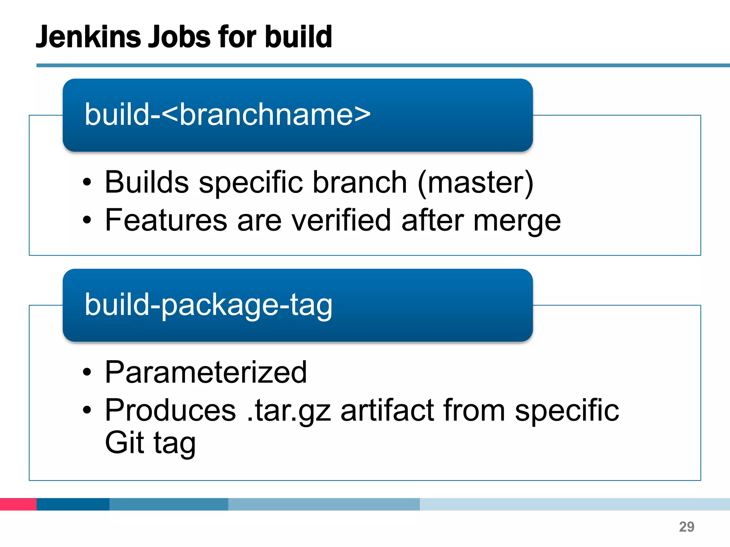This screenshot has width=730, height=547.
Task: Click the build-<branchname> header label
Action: tap(227, 115)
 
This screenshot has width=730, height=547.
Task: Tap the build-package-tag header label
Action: tap(209, 305)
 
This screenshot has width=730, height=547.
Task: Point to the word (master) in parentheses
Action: tap(475, 182)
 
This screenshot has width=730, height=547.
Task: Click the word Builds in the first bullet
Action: tap(146, 182)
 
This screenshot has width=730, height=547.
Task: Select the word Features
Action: tap(166, 220)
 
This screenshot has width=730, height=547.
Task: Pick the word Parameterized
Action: tap(206, 372)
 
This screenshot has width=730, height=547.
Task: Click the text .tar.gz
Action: tap(289, 410)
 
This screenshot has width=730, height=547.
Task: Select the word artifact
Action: tap(387, 410)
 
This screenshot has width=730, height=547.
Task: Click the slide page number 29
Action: tap(687, 527)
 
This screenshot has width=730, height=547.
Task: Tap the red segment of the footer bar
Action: tap(18, 504)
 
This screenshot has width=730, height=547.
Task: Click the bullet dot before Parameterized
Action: tap(87, 373)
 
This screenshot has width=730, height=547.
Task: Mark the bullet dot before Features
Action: tap(87, 220)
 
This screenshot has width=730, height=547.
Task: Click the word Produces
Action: tap(170, 410)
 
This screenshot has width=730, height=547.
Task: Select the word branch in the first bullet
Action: tap(360, 182)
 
